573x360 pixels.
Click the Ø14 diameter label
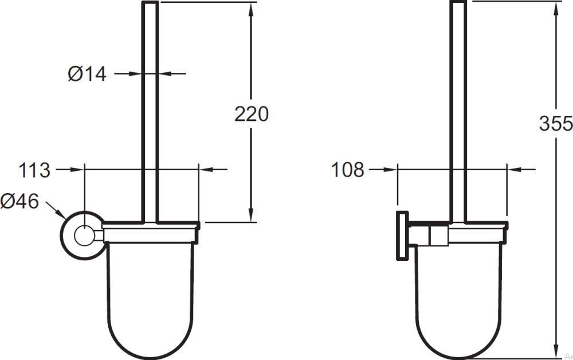[x=87, y=74]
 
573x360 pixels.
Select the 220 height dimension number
[x=251, y=114]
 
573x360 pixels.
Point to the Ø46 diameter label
[x=19, y=201]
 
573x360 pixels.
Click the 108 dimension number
[x=348, y=170]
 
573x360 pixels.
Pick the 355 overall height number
[x=556, y=123]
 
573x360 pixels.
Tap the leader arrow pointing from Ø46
[x=56, y=210]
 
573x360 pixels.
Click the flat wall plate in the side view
[x=402, y=236]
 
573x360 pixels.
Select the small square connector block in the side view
[x=438, y=236]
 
